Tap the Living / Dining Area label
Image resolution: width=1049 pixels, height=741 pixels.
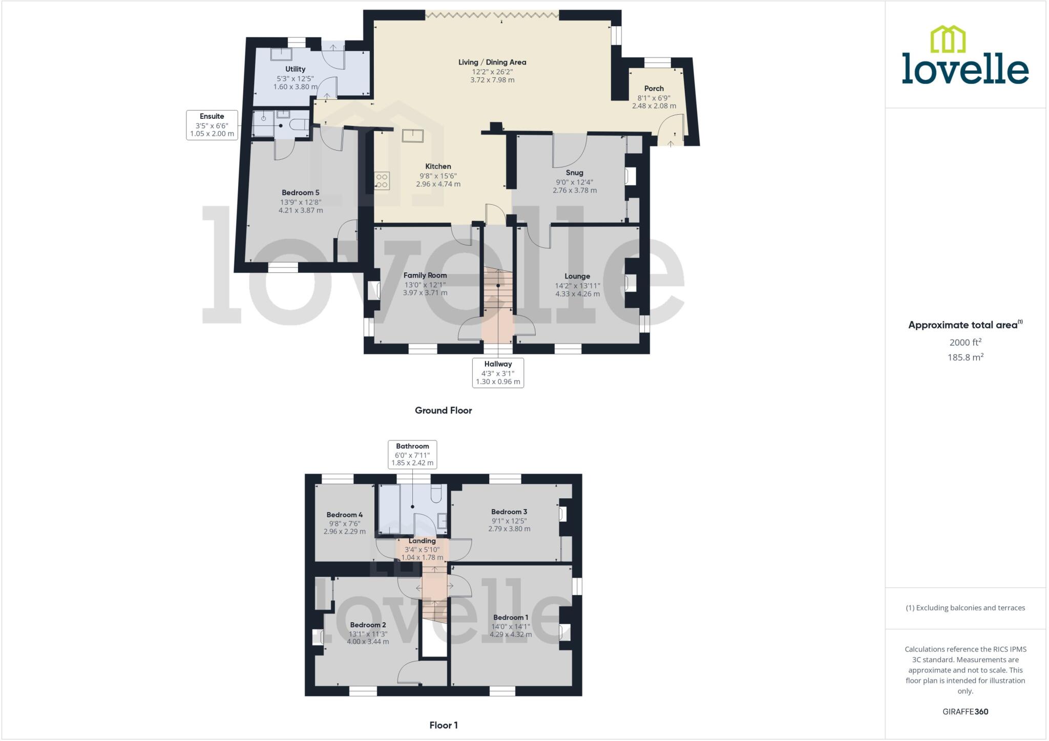(x=492, y=62)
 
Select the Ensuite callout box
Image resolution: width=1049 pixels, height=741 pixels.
(x=212, y=125)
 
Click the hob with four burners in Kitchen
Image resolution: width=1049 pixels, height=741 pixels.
(x=382, y=181)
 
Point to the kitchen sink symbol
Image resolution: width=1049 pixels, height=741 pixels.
(x=412, y=136)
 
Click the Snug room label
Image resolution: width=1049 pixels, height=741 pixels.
(x=574, y=173)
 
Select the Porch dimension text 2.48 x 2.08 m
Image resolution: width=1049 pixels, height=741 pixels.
(x=654, y=106)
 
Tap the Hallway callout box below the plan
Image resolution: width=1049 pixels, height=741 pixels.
(x=498, y=373)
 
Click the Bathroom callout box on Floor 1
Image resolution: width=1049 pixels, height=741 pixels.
(x=412, y=454)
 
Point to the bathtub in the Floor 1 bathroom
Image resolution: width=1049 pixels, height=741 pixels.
(x=389, y=509)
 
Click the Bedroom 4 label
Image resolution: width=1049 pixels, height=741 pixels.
(x=344, y=515)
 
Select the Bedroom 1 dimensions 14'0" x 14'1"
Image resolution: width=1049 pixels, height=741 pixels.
(x=510, y=626)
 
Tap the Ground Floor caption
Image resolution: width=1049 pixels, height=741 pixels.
(x=443, y=410)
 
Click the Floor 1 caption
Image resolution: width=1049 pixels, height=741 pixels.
(x=444, y=725)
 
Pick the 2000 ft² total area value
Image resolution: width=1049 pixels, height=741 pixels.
(x=965, y=343)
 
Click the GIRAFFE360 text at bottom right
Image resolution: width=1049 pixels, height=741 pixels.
(x=965, y=711)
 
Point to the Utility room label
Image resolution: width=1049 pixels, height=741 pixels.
(x=295, y=69)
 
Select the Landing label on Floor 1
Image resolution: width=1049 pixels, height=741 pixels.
(x=422, y=541)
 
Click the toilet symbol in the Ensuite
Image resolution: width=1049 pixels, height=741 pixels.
(x=299, y=124)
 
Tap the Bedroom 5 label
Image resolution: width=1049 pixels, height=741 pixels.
(x=300, y=193)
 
